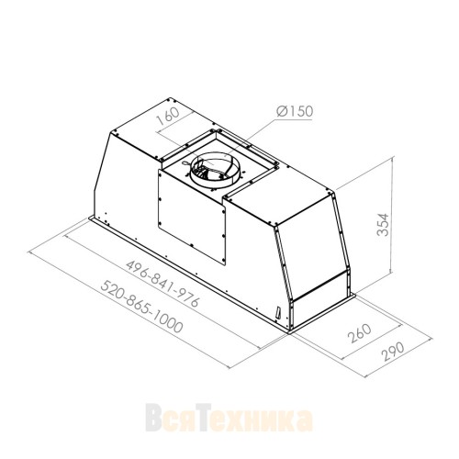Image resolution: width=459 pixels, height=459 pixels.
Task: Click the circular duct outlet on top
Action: [213, 172]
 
